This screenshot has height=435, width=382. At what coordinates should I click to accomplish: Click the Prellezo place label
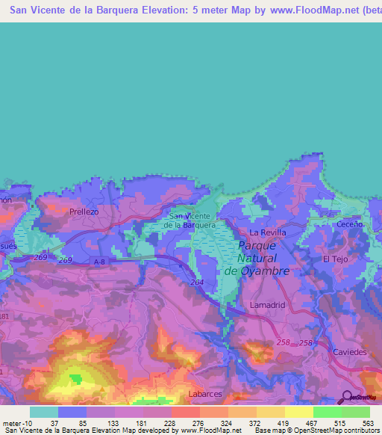pos(84,212)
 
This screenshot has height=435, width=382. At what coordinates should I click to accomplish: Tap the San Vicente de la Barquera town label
pos(190,220)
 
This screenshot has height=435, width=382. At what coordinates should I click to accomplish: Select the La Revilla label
pos(268,232)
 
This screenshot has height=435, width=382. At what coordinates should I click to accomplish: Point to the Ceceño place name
pos(349,223)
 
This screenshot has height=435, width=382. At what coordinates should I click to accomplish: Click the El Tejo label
pos(335,259)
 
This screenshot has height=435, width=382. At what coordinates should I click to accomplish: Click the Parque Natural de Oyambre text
pos(257,258)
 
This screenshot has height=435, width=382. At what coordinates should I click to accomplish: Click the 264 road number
pos(196,283)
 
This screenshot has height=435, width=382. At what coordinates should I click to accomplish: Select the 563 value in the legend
pos(367,423)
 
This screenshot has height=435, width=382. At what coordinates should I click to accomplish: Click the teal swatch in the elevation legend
pos(43,412)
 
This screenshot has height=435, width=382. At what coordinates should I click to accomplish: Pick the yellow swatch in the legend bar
pos(298,412)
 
